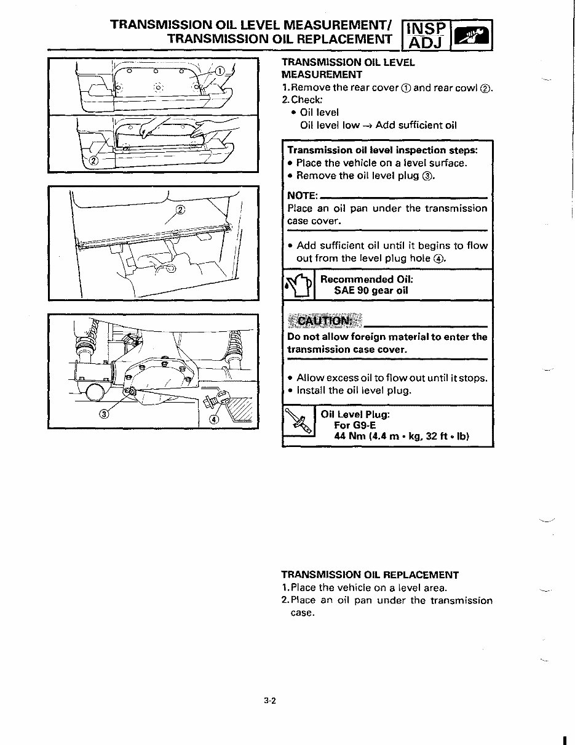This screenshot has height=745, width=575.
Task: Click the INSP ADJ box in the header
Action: point(426,34)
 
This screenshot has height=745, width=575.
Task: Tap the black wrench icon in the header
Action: point(472,34)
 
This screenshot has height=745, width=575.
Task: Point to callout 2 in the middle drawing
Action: point(180,210)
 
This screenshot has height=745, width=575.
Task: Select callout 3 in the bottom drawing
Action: point(105,413)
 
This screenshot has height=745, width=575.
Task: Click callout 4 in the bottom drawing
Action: point(214,420)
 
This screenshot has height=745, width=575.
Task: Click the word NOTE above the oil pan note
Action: point(302,196)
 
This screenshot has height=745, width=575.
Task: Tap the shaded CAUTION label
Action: point(324,321)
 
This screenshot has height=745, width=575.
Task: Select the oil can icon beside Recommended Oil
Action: point(298,285)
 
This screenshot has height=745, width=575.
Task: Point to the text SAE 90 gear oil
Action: point(371,291)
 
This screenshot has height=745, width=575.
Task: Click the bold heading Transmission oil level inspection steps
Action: point(382,150)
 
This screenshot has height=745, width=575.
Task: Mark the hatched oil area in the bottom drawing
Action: point(240,409)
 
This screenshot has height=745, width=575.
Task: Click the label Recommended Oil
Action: point(367,279)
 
